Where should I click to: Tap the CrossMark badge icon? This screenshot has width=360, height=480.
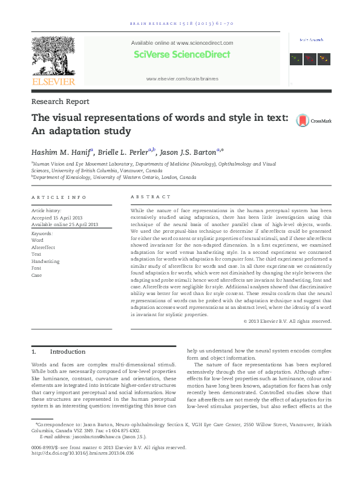pos(302,120)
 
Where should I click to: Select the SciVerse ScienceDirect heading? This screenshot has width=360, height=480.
pos(182,54)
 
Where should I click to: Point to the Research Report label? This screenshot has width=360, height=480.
pos(60,102)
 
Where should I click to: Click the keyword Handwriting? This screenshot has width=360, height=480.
pos(45,261)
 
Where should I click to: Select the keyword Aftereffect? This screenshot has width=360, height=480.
pos(43,247)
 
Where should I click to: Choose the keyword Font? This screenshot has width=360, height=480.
pos(37,268)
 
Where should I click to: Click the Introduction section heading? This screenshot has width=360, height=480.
pos(68,351)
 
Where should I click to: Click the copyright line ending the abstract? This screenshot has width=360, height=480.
pos(287,321)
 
